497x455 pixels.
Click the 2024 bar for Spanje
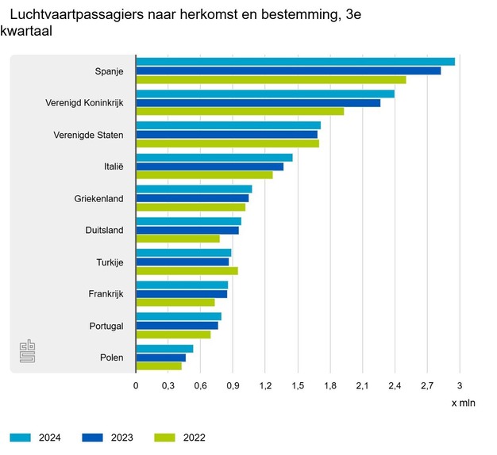click(295, 62)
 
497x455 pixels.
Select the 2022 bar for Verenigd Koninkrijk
click(239, 112)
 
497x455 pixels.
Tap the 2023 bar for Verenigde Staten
click(226, 134)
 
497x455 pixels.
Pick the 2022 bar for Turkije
click(187, 270)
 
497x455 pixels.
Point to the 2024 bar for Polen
click(164, 349)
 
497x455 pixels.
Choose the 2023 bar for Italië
click(210, 166)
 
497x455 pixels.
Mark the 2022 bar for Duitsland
click(178, 239)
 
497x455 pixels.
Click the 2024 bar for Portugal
click(179, 317)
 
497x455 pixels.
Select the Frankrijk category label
click(106, 294)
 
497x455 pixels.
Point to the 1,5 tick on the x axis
click(298, 386)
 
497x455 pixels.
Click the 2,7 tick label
click(426, 386)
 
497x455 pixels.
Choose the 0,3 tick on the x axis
click(168, 386)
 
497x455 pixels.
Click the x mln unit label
click(463, 403)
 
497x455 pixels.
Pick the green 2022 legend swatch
click(165, 438)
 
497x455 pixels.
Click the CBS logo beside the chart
click(28, 352)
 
